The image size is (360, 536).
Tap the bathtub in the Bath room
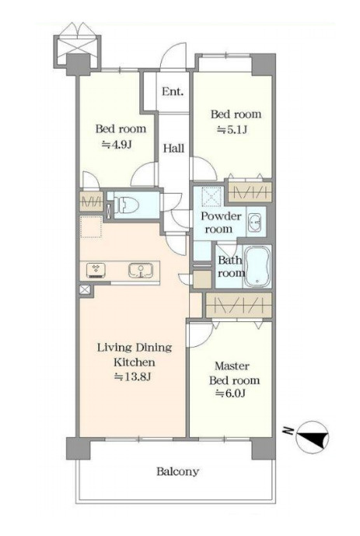tap(258, 266)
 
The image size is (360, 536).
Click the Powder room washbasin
tap(255, 222)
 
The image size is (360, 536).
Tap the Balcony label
tap(177, 472)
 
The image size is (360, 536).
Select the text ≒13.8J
tap(133, 377)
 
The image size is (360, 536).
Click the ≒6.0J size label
tap(231, 394)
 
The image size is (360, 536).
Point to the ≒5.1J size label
tap(232, 130)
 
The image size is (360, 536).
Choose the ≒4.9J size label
tap(117, 145)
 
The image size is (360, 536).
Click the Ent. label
tap(173, 92)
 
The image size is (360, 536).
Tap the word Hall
tap(173, 149)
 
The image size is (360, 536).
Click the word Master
tap(232, 366)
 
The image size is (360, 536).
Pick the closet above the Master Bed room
tap(239, 305)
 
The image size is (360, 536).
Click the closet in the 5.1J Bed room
tap(250, 192)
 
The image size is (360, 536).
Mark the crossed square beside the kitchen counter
tap(85, 290)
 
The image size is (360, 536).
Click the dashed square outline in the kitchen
tap(91, 226)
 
